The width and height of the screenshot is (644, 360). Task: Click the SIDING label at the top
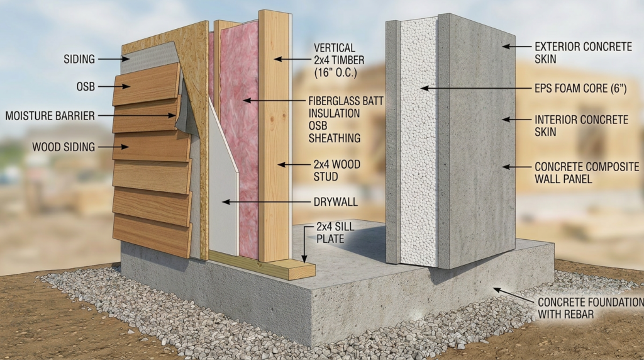coord(79,59)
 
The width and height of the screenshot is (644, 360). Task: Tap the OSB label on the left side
coord(86,87)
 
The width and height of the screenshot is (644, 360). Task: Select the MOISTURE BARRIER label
coord(50,116)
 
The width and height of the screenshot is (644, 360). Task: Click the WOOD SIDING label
coord(64,147)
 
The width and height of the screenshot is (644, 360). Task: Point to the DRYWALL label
coord(336,202)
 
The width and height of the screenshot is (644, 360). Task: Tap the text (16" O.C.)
coord(336,73)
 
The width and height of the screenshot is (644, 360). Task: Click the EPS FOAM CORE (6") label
coord(580,88)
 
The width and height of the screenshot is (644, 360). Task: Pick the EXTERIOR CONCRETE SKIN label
coord(583,53)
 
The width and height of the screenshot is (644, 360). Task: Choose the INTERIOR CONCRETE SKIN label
coord(581,126)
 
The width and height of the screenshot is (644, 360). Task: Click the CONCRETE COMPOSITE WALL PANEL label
coord(587,172)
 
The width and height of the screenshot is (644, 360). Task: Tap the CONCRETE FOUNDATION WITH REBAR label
coord(591,308)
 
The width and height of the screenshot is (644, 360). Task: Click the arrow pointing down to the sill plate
coord(304,244)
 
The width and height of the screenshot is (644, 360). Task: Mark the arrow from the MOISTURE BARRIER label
coord(136,116)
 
